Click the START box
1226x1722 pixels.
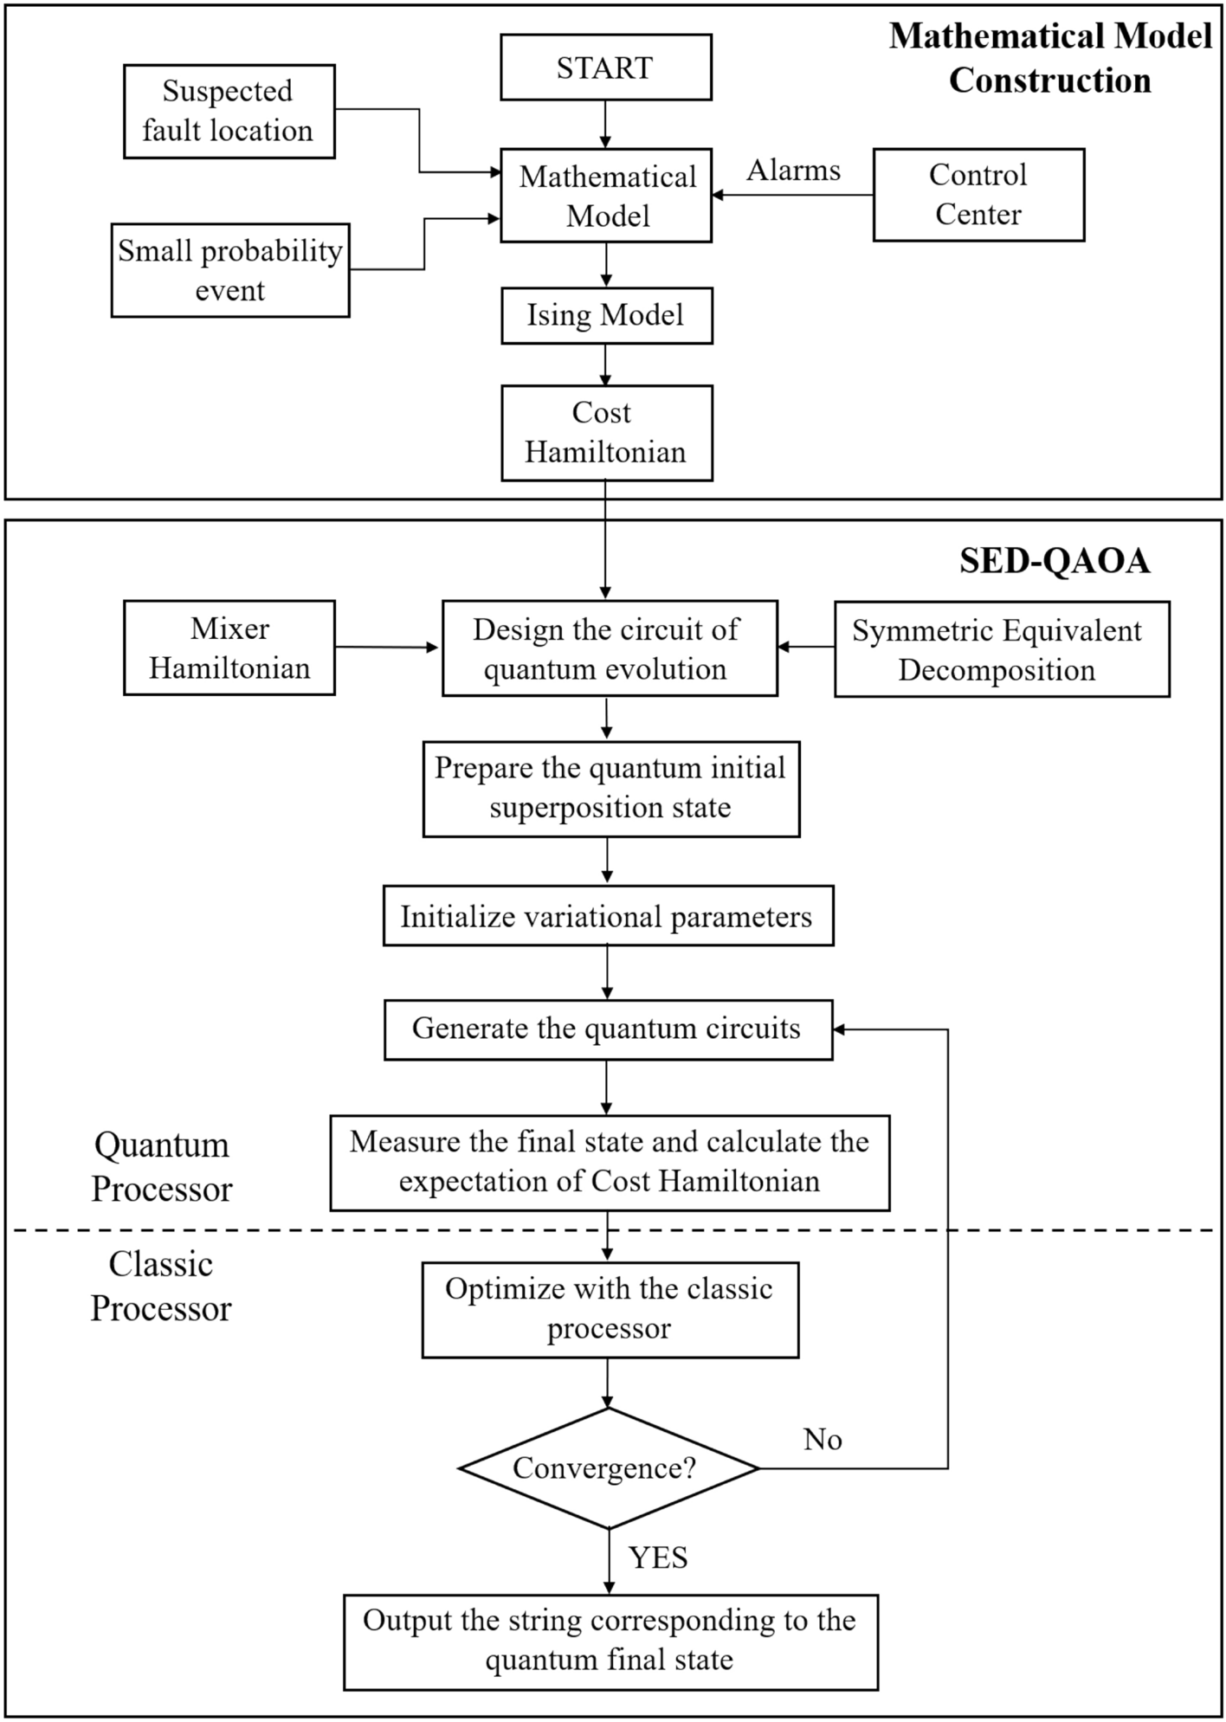click(605, 68)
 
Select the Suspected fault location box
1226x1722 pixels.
click(229, 111)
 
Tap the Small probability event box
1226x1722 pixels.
click(229, 270)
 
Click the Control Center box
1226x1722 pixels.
click(978, 195)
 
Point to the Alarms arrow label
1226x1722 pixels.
click(793, 171)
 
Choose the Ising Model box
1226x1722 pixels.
click(606, 315)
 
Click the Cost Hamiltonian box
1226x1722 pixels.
click(606, 432)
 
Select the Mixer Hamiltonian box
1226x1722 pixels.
click(229, 648)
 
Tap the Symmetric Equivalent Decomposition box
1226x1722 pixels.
click(1001, 649)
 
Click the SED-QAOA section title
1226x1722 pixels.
click(1054, 561)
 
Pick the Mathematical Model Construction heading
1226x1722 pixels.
click(1049, 58)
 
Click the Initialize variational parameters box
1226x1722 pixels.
click(607, 916)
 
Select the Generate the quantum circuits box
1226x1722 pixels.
click(607, 1029)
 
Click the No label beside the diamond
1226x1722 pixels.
click(822, 1439)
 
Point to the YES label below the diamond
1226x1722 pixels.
click(658, 1558)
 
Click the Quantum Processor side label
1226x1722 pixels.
click(162, 1166)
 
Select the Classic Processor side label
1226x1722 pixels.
click(162, 1286)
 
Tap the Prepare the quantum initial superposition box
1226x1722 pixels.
click(610, 788)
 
